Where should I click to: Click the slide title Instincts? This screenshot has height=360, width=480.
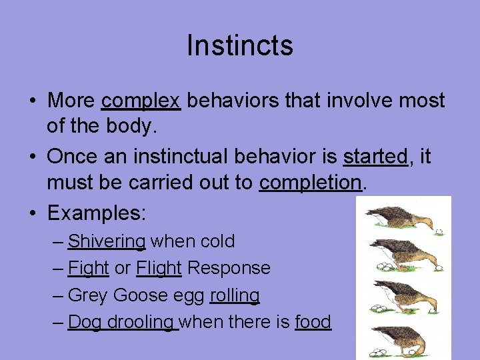(x=240, y=46)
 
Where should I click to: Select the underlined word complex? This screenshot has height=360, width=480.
(x=141, y=101)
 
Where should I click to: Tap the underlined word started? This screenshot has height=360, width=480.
(x=375, y=157)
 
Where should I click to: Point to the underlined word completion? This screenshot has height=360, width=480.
(x=310, y=183)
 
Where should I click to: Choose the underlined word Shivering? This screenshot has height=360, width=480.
(x=107, y=241)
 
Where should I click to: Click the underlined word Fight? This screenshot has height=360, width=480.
(x=89, y=268)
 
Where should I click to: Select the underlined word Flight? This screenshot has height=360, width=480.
(x=159, y=268)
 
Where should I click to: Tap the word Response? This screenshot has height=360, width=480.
(x=229, y=268)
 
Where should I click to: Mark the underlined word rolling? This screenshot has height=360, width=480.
(x=235, y=295)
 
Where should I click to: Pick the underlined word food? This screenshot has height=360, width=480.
(x=313, y=322)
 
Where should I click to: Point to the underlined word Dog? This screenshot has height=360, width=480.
(x=84, y=322)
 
